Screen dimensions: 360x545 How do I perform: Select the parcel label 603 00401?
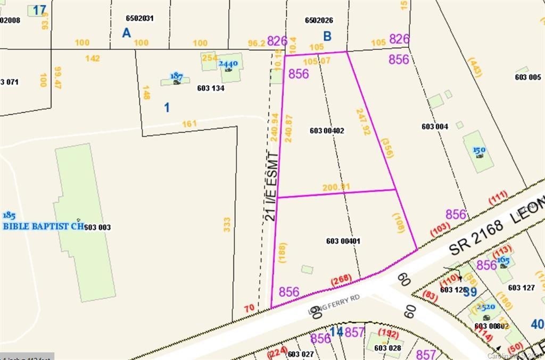pyautogui.click(x=343, y=241)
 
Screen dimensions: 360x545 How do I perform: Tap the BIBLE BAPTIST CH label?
pyautogui.click(x=44, y=226)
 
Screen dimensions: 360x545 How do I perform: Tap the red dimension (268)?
pyautogui.click(x=342, y=280)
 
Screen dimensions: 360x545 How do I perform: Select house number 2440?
pyautogui.click(x=228, y=64)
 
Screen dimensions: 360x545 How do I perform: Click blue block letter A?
pyautogui.click(x=126, y=33)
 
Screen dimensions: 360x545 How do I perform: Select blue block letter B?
pyautogui.click(x=327, y=36)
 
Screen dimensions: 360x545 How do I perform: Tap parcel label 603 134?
pyautogui.click(x=210, y=88)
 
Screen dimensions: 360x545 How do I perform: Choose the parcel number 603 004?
pyautogui.click(x=435, y=127)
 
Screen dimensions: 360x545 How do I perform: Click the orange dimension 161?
pyautogui.click(x=189, y=124)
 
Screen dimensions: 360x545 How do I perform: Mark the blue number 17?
pyautogui.click(x=39, y=10)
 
